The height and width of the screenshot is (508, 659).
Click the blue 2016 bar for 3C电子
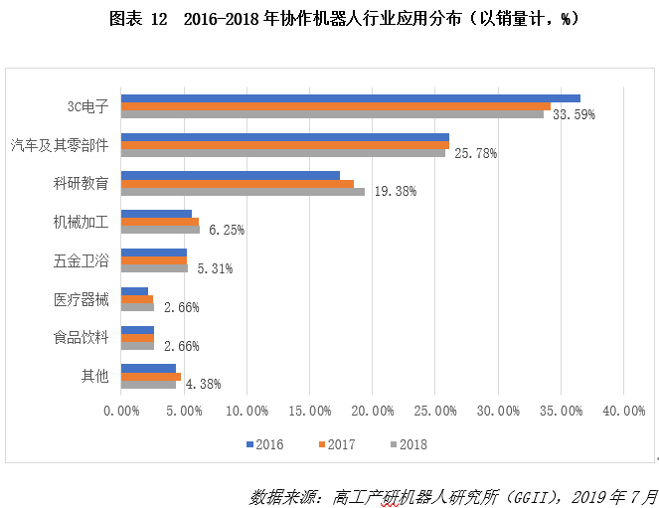pyautogui.click(x=350, y=98)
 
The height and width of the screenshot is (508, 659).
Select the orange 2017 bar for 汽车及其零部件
pyautogui.click(x=284, y=145)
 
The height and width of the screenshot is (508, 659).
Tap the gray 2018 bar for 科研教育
pyautogui.click(x=243, y=191)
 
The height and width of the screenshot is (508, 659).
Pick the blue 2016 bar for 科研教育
pyautogui.click(x=230, y=175)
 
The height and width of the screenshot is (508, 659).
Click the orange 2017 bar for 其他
pyautogui.click(x=150, y=377)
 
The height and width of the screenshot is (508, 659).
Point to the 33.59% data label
pyautogui.click(x=574, y=114)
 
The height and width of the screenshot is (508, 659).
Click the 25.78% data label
pyautogui.click(x=475, y=153)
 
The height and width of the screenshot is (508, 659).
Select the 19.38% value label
pyautogui.click(x=395, y=192)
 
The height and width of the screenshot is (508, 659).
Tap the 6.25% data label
pyautogui.click(x=227, y=230)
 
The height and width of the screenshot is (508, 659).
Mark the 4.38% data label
pyautogui.click(x=203, y=384)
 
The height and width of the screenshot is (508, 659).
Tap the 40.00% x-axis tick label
pyautogui.click(x=622, y=411)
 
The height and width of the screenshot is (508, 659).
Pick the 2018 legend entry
pyautogui.click(x=407, y=444)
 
